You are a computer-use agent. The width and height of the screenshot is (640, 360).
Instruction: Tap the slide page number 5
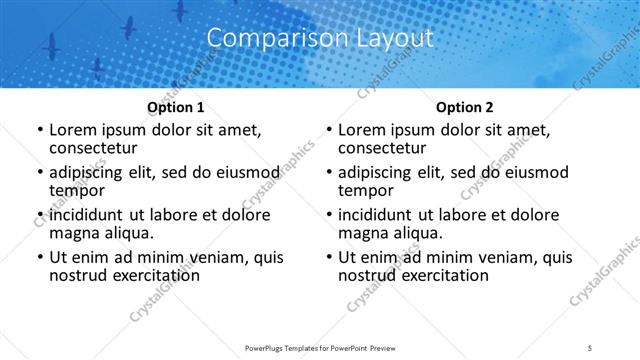click(591, 347)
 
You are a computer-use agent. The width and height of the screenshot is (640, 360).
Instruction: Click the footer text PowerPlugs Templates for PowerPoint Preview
click(320, 347)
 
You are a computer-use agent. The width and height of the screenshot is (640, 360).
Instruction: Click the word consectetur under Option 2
click(383, 148)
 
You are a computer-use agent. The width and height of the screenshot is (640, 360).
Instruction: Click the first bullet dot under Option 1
click(39, 131)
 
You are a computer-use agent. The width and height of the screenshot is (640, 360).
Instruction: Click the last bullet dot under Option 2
click(328, 258)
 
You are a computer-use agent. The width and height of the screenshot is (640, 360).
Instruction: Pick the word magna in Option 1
click(73, 233)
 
